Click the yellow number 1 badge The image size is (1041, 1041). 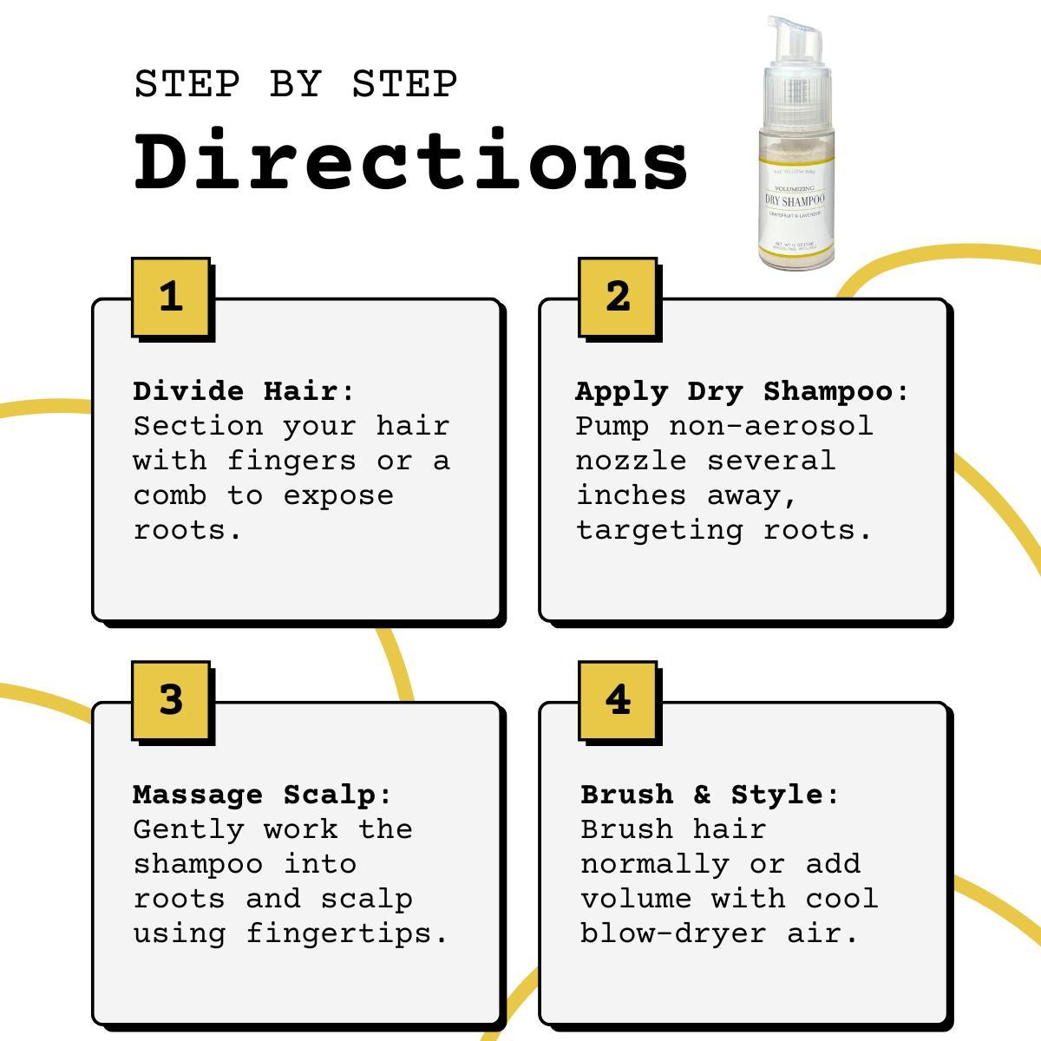[171, 297]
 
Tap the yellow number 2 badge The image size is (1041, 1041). [618, 297]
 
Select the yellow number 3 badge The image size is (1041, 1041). [171, 700]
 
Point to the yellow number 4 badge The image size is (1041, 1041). [618, 700]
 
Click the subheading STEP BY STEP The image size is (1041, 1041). [296, 85]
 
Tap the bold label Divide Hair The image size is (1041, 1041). [236, 391]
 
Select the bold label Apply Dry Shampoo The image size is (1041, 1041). [734, 391]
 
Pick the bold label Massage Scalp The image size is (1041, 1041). [254, 795]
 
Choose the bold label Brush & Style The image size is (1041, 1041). [701, 795]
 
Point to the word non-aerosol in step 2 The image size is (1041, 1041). [770, 426]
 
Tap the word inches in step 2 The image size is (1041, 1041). [632, 496]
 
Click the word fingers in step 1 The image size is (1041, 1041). [291, 461]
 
